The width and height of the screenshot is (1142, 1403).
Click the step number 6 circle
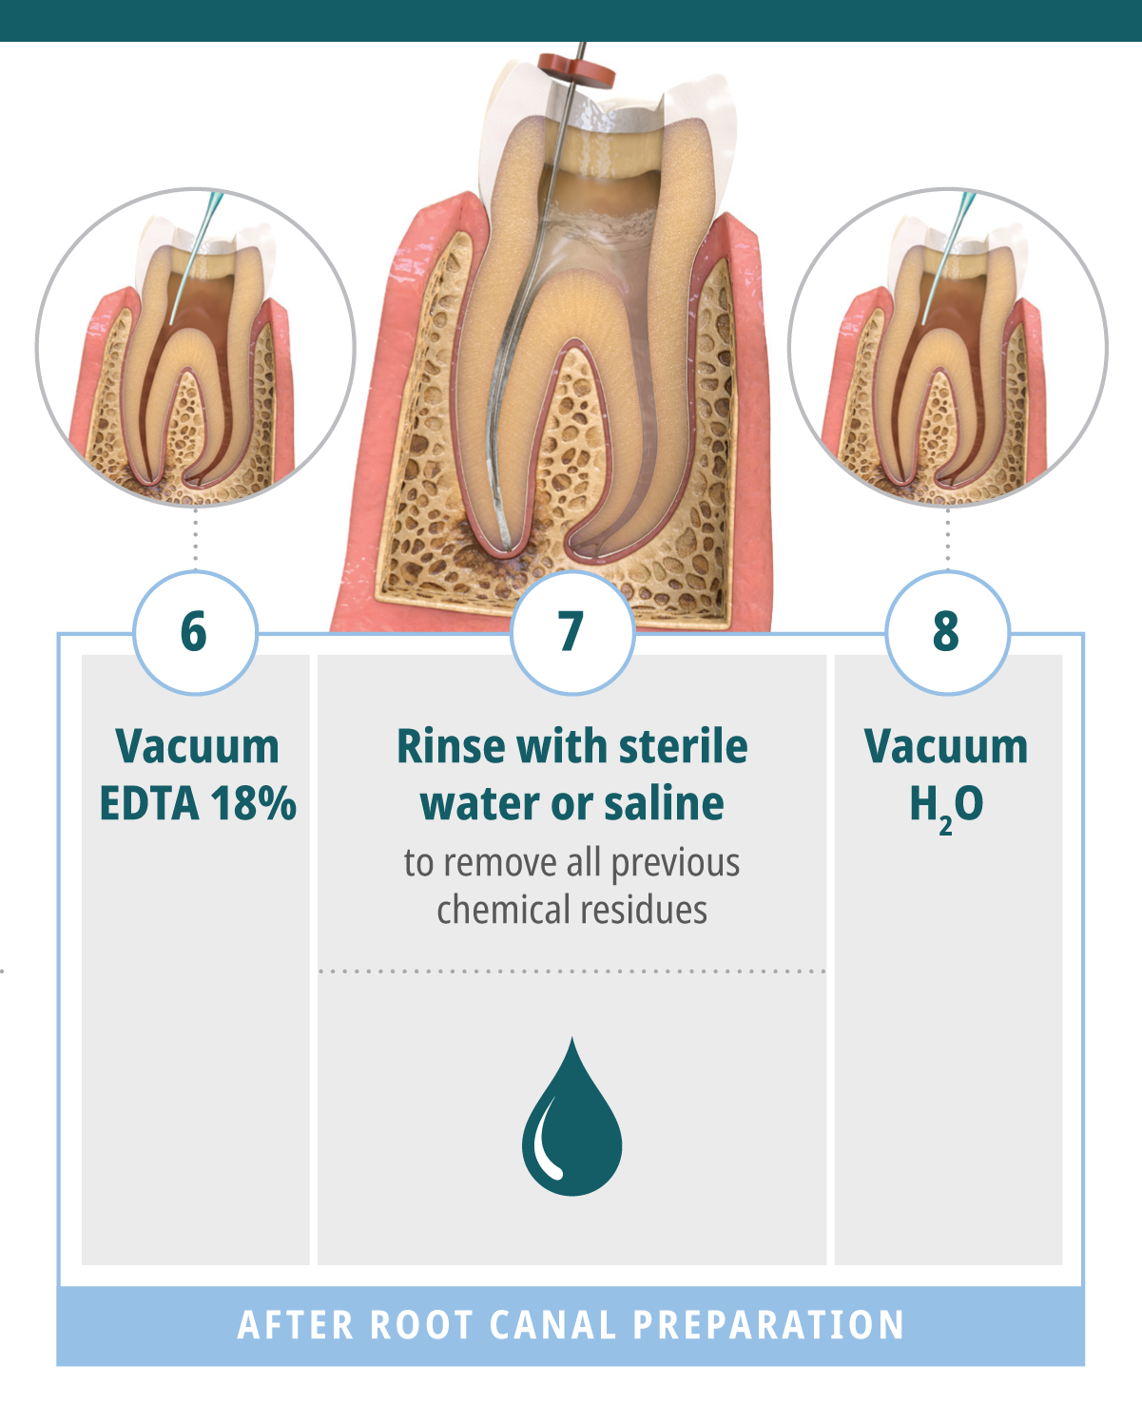tap(195, 632)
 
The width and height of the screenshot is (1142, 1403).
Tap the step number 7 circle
tap(571, 632)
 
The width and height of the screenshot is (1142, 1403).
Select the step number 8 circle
tap(946, 632)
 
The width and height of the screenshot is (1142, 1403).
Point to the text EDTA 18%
tap(198, 804)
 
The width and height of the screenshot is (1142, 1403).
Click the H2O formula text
tap(946, 806)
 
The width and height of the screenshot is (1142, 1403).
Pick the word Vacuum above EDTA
tap(198, 747)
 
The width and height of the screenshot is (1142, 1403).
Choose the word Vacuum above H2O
tap(946, 747)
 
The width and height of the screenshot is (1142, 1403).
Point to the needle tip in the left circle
tap(172, 322)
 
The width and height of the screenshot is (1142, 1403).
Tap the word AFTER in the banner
tap(295, 1326)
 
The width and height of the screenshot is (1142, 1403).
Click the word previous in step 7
tap(675, 863)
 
